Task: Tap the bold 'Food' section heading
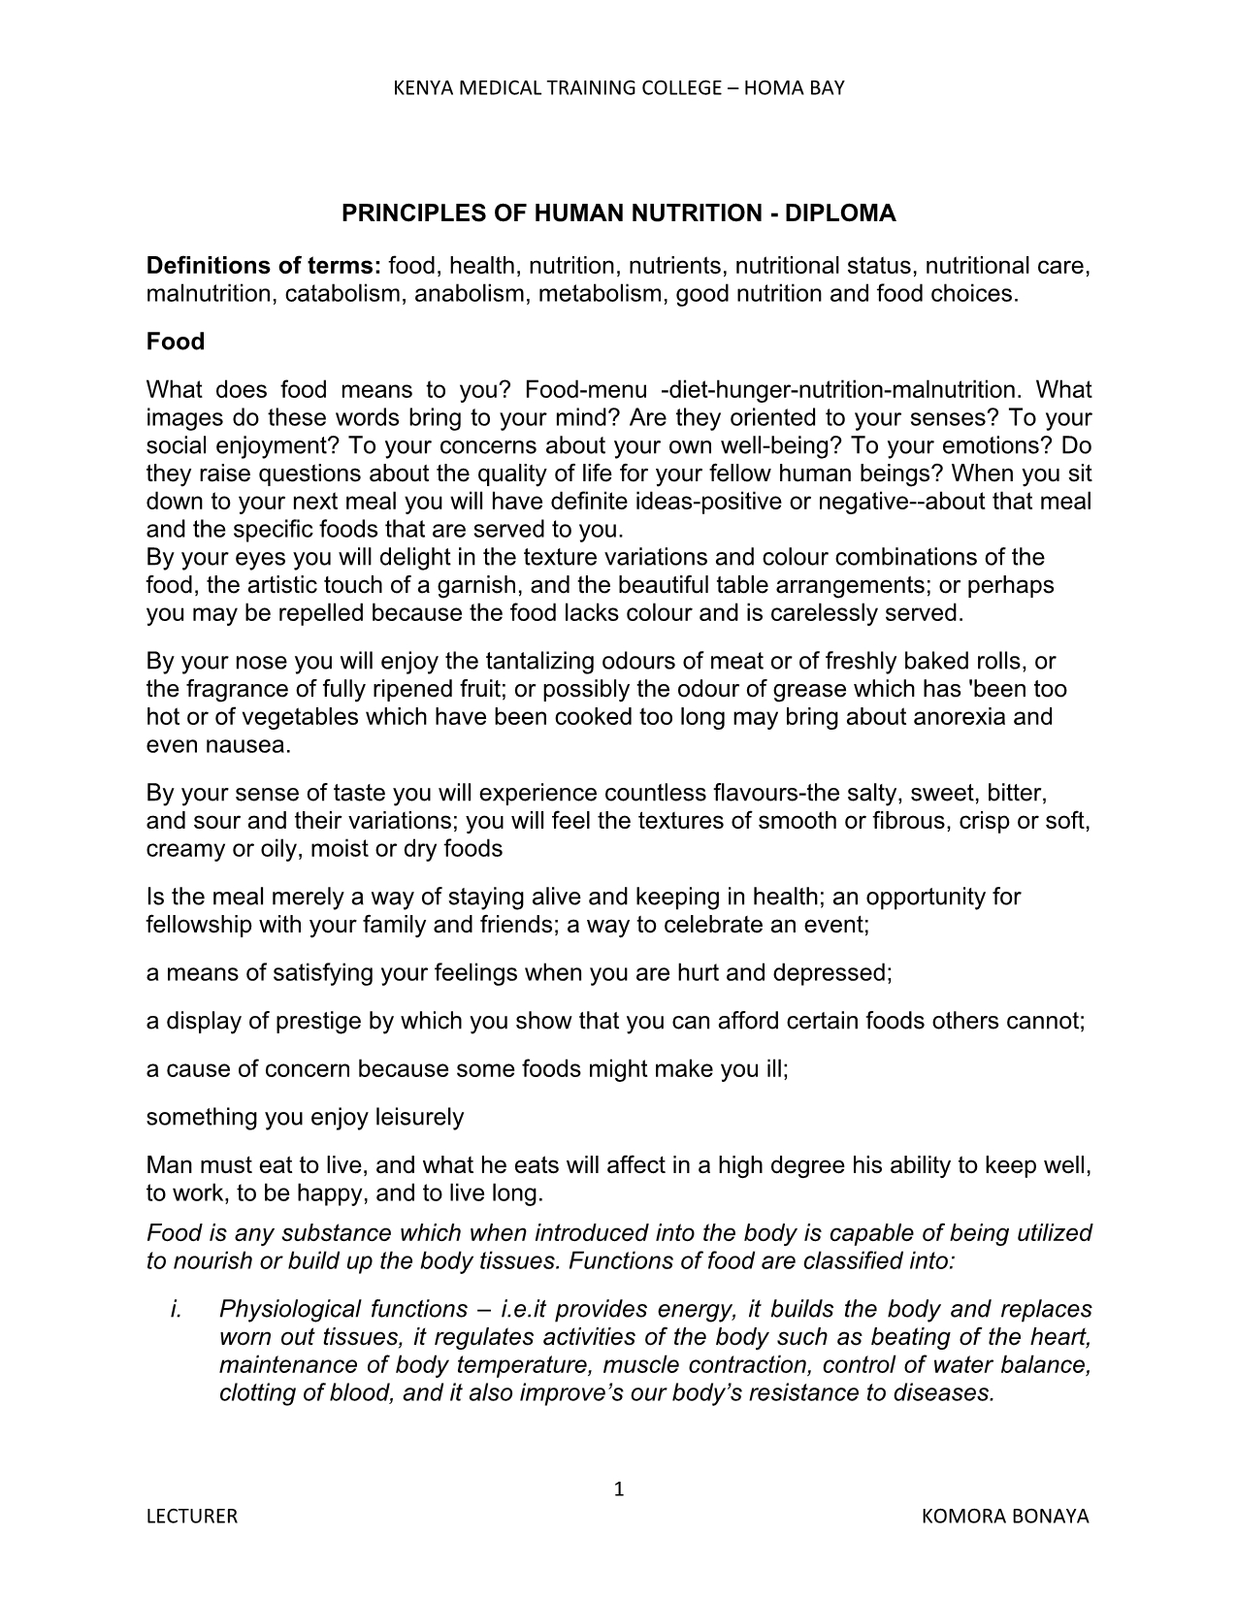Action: [176, 342]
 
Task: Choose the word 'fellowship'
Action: [193, 925]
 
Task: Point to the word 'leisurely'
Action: [419, 1117]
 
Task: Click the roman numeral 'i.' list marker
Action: [177, 1309]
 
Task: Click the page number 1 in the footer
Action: [618, 1489]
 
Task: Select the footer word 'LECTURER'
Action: [191, 1517]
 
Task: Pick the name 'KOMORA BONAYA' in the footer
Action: [1006, 1517]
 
